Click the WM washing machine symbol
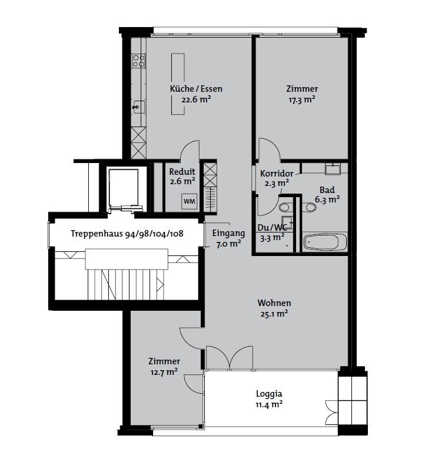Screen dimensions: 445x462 click(189, 201)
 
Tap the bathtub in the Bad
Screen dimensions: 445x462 click(325, 242)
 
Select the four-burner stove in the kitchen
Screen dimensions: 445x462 click(138, 61)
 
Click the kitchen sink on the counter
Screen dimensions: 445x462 click(138, 107)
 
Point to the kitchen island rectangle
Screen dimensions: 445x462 click(178, 84)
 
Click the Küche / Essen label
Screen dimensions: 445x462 click(196, 89)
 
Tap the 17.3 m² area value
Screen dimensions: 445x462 click(302, 99)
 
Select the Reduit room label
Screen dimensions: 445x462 click(182, 171)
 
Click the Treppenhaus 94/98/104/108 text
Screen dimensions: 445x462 click(127, 234)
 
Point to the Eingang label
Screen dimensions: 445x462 click(229, 234)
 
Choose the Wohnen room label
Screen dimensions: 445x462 click(274, 303)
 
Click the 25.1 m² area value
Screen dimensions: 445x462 click(274, 314)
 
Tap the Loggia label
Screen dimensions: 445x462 click(269, 394)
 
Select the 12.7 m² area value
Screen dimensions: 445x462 click(164, 372)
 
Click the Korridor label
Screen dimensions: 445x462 click(277, 174)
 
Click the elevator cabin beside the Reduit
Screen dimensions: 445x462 click(124, 188)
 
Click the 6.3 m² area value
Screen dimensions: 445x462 click(327, 200)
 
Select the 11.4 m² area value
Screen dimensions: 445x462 click(269, 404)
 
